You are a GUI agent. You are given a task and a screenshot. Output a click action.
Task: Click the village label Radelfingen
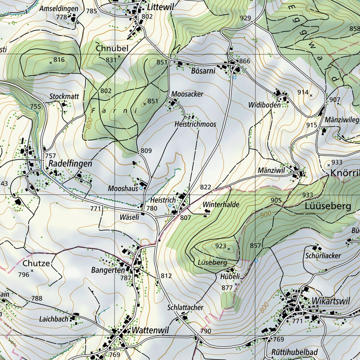pos(70,163)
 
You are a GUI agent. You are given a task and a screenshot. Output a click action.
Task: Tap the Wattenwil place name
pos(150,330)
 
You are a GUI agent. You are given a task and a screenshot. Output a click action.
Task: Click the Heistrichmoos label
pos(195,124)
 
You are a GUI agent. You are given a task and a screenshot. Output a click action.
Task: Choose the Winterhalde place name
pos(221,205)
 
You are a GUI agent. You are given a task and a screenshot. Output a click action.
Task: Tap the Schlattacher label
pos(185,308)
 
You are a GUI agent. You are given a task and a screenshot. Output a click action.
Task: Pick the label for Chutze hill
pos(36,263)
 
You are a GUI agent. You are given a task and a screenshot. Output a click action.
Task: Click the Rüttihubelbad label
pos(294,352)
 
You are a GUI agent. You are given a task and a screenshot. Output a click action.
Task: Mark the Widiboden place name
pos(264,105)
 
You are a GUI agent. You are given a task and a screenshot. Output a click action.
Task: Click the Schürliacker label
pos(323,256)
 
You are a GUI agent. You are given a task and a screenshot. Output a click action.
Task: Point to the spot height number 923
pos(220,246)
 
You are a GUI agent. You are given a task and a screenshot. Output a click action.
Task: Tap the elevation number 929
pos(245,18)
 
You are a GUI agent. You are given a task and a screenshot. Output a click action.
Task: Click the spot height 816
pos(59,60)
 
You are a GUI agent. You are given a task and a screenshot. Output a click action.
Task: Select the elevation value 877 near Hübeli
pos(227,288)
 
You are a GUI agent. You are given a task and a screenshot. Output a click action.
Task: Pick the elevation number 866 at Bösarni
pos(245,61)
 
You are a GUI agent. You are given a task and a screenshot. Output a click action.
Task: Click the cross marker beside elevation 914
pos(311,95)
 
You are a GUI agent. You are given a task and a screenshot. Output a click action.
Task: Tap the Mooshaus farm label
pos(123,188)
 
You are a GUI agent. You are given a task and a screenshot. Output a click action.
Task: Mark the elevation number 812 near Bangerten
pos(166,276)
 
